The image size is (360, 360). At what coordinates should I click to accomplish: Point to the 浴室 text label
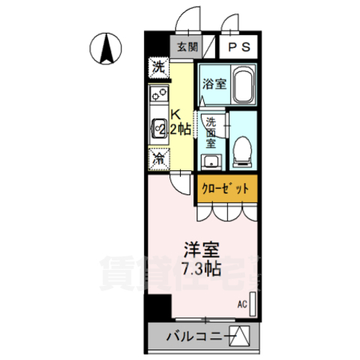(214, 84)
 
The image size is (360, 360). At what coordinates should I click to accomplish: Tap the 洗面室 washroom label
(211, 132)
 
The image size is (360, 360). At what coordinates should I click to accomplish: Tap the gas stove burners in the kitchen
(159, 95)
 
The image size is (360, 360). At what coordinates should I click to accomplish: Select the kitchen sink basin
(159, 129)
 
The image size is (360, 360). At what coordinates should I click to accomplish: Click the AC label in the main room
(241, 304)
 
